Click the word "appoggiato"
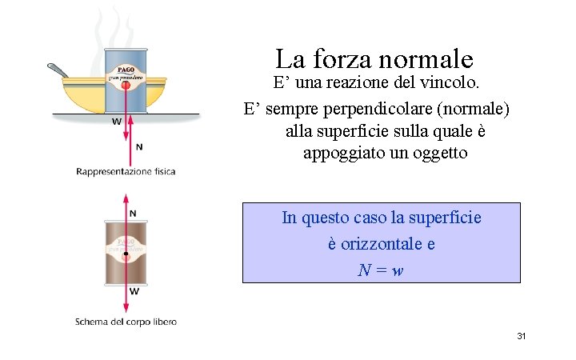(x=346, y=152)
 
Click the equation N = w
(x=381, y=270)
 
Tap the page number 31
(x=521, y=336)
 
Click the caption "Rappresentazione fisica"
(x=126, y=171)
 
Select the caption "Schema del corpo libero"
(x=126, y=322)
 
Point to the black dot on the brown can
(x=126, y=254)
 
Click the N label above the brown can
(x=134, y=213)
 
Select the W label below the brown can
(x=134, y=292)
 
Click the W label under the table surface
(x=117, y=122)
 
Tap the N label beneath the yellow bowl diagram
(x=139, y=146)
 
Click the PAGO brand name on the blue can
(x=126, y=70)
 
